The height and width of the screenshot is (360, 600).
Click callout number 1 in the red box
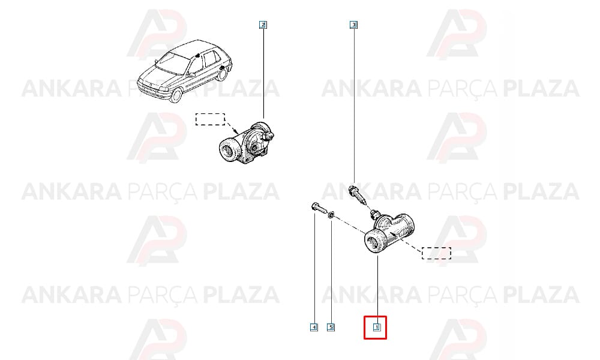(x=377, y=328)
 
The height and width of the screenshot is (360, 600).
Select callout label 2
(x=263, y=25)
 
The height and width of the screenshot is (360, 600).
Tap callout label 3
(x=354, y=25)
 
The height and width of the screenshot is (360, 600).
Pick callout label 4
(x=314, y=328)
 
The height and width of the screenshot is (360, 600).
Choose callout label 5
(x=331, y=328)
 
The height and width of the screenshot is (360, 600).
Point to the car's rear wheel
(x=223, y=73)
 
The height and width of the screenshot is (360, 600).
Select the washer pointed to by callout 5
(x=331, y=215)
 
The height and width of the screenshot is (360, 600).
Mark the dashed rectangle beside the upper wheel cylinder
(x=210, y=119)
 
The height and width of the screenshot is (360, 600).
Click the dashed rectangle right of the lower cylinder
(x=436, y=253)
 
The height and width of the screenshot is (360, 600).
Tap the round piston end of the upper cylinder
(x=230, y=150)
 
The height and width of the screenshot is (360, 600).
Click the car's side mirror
(x=190, y=75)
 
